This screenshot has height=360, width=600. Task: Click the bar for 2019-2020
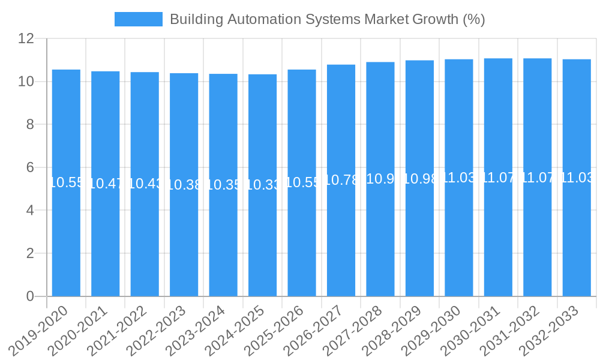point(66,240)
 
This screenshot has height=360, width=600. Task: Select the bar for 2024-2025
point(262,240)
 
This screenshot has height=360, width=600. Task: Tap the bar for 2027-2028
point(380,240)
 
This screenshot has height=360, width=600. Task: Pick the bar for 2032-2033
point(577,240)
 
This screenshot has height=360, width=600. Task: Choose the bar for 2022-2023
point(184,240)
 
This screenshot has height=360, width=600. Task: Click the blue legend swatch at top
point(139,19)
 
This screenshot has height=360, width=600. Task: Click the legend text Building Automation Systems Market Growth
point(327,19)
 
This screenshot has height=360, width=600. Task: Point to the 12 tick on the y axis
point(26,39)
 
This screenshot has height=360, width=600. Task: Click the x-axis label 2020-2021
point(79,331)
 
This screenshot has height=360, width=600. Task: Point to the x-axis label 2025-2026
point(275,331)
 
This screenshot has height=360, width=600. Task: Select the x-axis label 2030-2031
point(471,331)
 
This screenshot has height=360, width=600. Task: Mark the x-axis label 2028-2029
point(392,331)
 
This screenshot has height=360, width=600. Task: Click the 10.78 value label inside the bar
point(341,179)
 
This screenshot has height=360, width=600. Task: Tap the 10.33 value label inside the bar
point(262,185)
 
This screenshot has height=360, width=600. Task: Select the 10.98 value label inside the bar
point(419,179)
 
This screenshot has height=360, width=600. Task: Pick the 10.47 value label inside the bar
point(106,184)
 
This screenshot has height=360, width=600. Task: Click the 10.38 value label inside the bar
point(184,185)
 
